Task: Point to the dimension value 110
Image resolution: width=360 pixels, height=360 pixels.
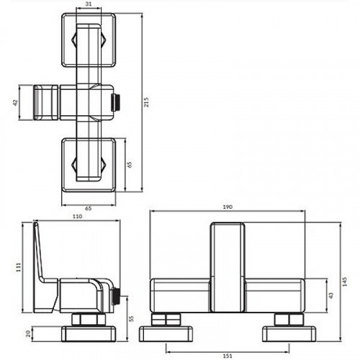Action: (x=77, y=216)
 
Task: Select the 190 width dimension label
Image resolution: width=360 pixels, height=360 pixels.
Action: (x=227, y=207)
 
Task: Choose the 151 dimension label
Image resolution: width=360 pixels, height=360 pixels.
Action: (x=227, y=354)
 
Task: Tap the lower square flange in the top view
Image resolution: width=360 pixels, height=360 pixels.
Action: (x=89, y=164)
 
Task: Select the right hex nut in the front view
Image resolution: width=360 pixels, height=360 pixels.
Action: (x=287, y=319)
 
